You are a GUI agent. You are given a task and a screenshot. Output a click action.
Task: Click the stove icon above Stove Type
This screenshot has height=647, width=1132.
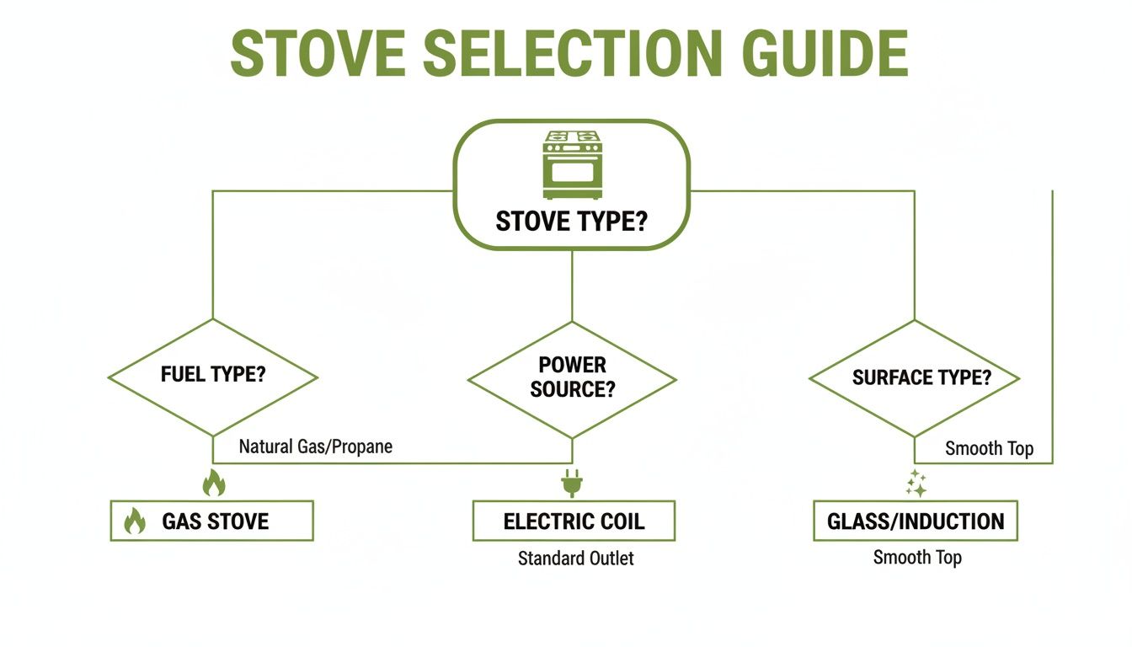click(x=573, y=164)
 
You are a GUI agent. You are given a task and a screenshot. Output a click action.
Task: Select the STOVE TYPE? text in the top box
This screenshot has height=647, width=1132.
click(x=572, y=222)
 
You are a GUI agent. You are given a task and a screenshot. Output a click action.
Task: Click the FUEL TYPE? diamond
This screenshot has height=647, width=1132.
click(x=213, y=377)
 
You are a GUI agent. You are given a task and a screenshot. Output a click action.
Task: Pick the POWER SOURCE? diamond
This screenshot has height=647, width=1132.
click(x=572, y=378)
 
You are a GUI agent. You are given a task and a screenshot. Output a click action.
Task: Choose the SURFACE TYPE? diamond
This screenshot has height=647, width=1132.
click(x=915, y=378)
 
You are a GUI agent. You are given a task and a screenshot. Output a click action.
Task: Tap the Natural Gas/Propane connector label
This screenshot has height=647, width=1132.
click(x=315, y=446)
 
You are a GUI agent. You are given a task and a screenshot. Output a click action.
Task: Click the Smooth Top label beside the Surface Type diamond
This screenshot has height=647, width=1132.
click(x=989, y=448)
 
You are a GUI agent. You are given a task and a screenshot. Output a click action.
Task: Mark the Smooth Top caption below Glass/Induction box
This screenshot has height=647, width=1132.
click(x=917, y=558)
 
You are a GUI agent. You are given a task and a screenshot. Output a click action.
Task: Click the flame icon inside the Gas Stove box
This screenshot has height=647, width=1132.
click(x=135, y=521)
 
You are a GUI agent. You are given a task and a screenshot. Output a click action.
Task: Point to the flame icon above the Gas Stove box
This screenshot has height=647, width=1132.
click(x=214, y=484)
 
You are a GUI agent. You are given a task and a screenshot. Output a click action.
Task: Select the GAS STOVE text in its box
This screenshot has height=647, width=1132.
click(x=216, y=521)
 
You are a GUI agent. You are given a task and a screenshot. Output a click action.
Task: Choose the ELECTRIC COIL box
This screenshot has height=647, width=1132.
click(x=574, y=521)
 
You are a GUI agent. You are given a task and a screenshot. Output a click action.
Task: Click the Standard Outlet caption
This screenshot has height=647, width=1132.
click(x=575, y=558)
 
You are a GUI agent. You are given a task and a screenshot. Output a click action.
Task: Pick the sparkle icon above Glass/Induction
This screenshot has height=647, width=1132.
click(x=916, y=484)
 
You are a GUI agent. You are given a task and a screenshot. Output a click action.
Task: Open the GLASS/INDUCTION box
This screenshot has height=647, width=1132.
click(x=916, y=521)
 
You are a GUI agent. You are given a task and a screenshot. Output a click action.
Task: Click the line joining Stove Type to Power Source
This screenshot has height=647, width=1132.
click(x=572, y=286)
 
